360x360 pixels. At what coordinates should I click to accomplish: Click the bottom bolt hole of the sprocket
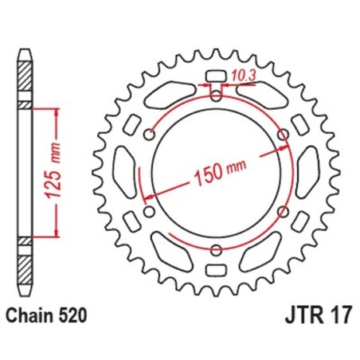217,251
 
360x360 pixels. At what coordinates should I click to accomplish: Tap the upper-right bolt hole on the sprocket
283,135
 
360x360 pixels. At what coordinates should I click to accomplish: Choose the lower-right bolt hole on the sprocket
283,212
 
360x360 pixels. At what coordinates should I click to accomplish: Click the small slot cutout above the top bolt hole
217,77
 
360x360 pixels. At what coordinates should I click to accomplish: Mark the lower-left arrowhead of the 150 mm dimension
145,198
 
